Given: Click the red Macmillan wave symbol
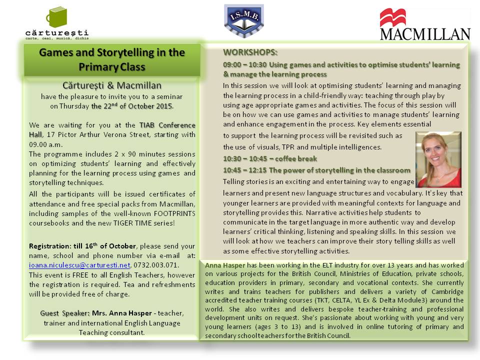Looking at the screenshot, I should [392, 17].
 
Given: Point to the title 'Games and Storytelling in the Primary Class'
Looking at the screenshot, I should [112, 59].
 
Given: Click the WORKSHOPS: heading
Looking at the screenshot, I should [250, 52].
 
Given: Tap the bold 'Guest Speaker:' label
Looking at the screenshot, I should [65, 313].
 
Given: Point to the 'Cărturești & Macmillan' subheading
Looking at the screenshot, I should [112, 85].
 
